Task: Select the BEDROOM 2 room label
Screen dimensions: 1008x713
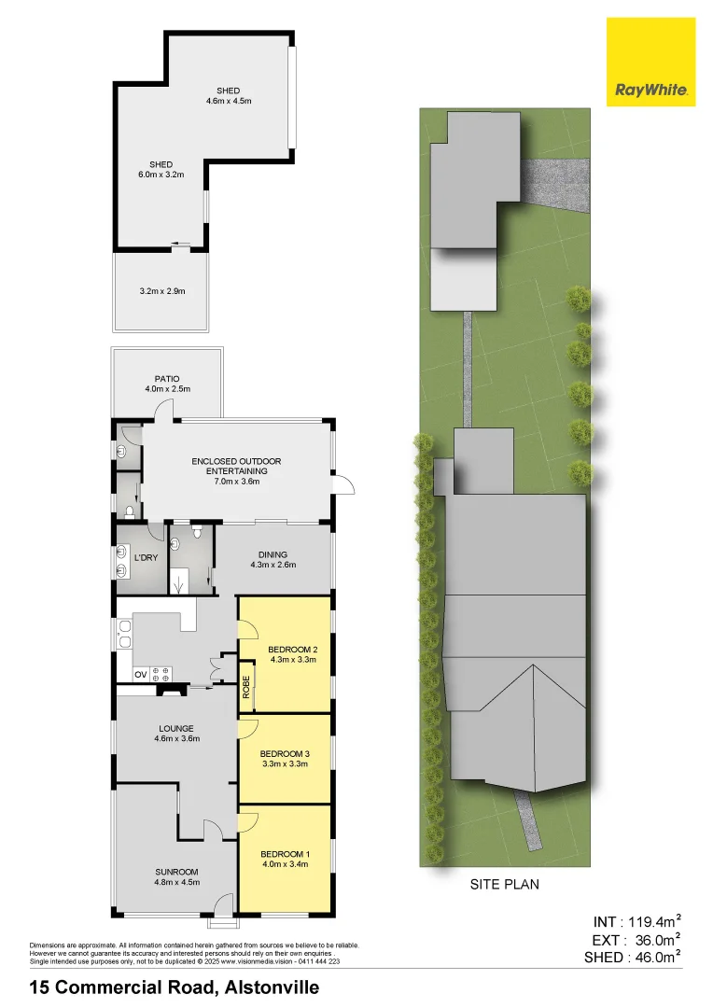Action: [x=293, y=649]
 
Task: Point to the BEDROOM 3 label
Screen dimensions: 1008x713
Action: [x=284, y=753]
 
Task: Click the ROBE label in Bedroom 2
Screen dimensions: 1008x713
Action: [x=246, y=687]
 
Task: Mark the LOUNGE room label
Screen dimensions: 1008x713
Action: [x=176, y=728]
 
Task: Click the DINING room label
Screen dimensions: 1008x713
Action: [x=273, y=553]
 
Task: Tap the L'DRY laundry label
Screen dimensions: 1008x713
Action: [x=145, y=557]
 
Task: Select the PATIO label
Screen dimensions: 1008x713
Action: [x=167, y=379]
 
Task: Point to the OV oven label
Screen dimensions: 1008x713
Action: [x=140, y=673]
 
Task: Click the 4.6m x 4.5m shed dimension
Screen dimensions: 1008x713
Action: [x=229, y=102]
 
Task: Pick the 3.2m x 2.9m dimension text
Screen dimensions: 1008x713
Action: [x=161, y=291]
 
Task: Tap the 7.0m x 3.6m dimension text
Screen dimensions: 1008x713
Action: [x=236, y=483]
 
